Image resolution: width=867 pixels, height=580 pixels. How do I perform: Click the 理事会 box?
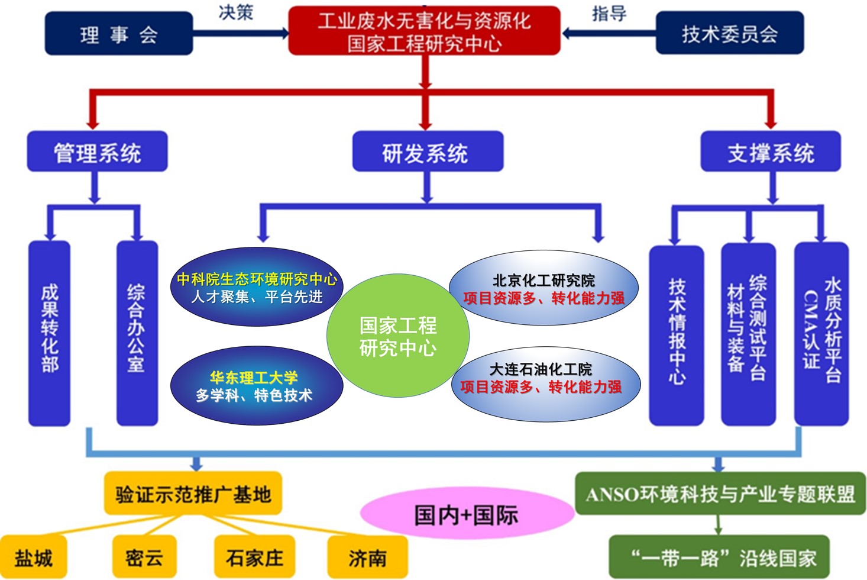click(119, 34)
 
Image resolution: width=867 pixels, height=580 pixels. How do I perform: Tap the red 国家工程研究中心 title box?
click(424, 31)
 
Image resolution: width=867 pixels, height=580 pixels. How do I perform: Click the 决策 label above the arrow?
click(236, 12)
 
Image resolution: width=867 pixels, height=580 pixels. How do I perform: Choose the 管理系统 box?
click(97, 153)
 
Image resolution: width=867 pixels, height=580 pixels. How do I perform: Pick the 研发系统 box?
click(427, 153)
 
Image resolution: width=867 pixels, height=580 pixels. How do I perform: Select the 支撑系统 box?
click(770, 153)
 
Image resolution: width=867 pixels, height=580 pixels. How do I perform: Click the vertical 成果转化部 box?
click(50, 333)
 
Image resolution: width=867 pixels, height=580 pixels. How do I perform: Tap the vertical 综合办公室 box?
click(137, 333)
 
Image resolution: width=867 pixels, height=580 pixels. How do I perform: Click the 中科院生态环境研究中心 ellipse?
click(257, 287)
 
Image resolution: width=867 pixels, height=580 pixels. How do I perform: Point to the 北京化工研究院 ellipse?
click(543, 289)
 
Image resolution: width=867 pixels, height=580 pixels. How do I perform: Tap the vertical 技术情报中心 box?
click(676, 335)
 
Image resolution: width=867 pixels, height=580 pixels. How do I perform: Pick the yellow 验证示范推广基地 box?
click(193, 494)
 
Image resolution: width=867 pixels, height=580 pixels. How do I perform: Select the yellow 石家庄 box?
click(254, 557)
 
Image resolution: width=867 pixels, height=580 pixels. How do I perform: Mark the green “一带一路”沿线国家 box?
click(719, 557)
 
